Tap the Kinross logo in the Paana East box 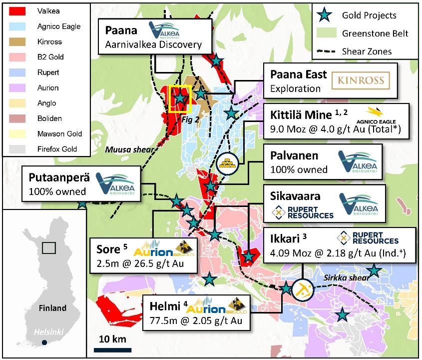tap(361, 80)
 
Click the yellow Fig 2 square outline tap(180, 98)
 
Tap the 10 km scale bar tap(112, 349)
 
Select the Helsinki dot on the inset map tap(45, 342)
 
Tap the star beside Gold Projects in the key tap(325, 16)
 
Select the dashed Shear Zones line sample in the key tap(325, 51)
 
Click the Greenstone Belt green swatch tap(325, 33)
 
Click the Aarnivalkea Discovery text tap(153, 44)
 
